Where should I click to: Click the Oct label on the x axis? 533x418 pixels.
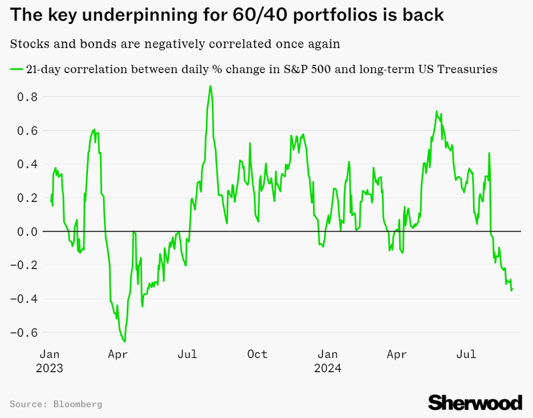[257, 354]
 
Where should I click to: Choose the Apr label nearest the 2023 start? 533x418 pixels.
[118, 354]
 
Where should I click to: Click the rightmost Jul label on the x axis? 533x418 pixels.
[466, 354]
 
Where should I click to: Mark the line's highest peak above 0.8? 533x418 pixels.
[211, 86]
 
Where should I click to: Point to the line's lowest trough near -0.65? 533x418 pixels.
[125, 341]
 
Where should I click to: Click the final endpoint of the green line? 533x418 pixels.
[512, 290]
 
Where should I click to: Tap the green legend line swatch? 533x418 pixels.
[16, 69]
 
